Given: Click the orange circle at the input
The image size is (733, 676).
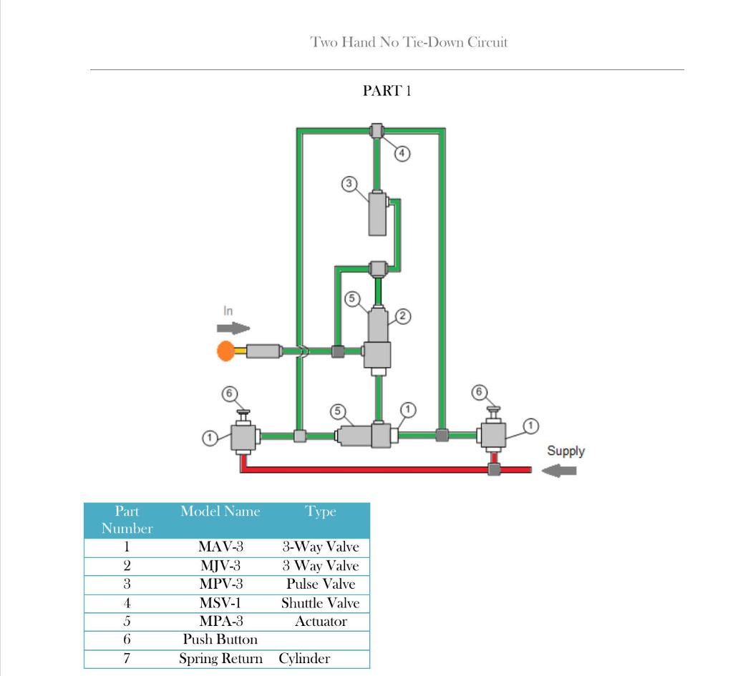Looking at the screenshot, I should (226, 351).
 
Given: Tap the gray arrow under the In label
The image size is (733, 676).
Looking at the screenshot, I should (233, 328).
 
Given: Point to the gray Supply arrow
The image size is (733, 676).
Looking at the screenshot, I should (559, 470).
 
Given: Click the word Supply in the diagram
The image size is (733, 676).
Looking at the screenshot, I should (565, 451).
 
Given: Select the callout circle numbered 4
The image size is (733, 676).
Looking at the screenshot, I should (403, 152).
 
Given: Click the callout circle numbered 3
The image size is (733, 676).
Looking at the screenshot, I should (349, 183).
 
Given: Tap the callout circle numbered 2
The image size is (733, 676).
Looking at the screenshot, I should (403, 316).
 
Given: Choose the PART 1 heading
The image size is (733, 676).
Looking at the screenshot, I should (387, 91).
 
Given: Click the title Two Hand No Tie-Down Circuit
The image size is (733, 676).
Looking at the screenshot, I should (409, 42).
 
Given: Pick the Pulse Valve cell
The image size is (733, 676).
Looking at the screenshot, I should (320, 584).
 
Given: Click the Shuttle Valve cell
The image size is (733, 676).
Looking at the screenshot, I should (320, 603).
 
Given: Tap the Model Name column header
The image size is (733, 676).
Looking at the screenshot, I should (220, 511).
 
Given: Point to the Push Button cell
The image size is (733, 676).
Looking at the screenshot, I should (220, 640).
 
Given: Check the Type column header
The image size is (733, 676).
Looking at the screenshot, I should (320, 511).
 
